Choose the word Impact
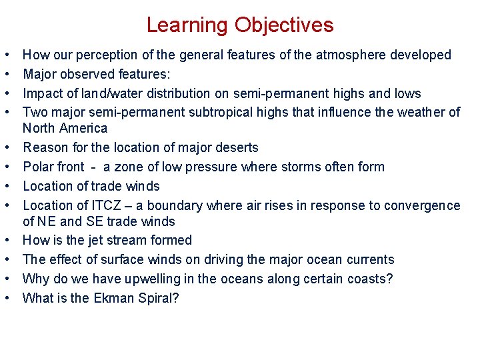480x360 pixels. (x=42, y=93)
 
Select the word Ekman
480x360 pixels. (x=107, y=298)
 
